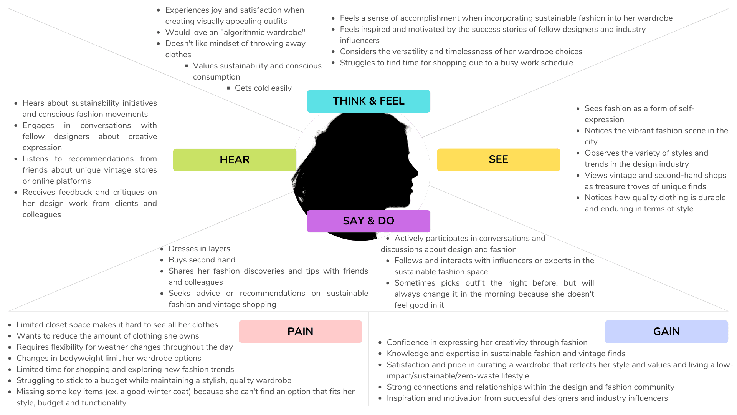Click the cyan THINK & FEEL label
(368, 101)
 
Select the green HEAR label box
(235, 159)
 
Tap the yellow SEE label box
(498, 159)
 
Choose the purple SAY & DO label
(368, 221)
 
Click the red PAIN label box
(300, 331)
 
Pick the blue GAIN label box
(666, 331)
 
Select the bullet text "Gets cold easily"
(263, 88)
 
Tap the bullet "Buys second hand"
(202, 260)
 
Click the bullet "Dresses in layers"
(199, 249)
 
